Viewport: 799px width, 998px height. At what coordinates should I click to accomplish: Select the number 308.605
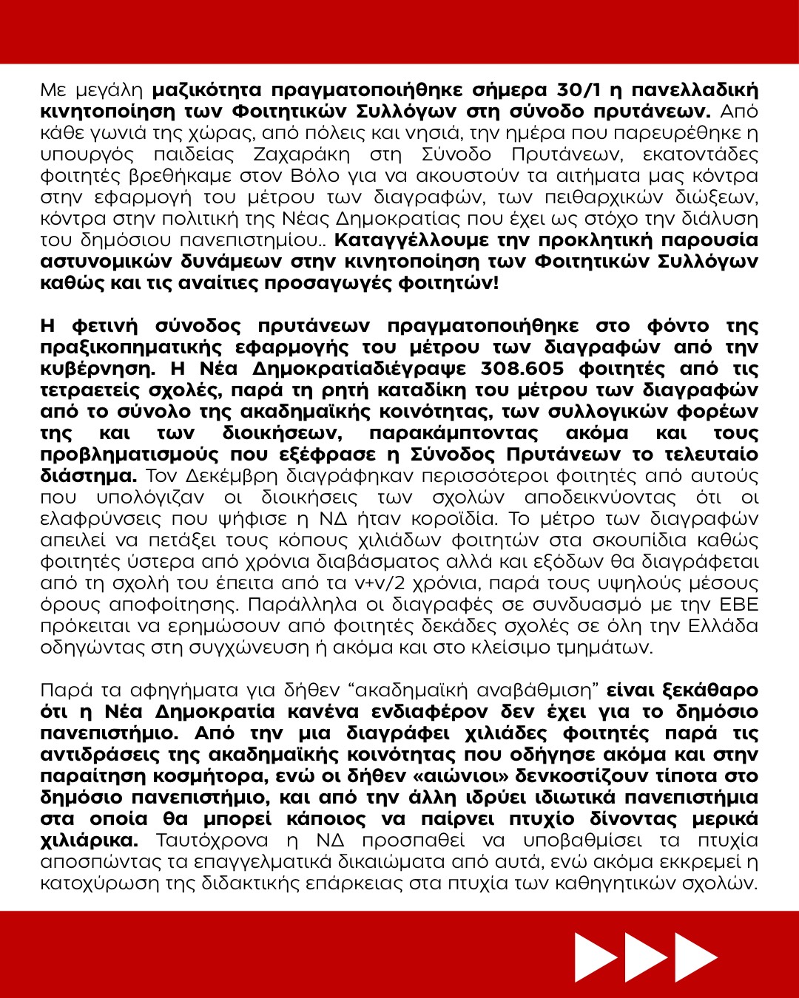522,368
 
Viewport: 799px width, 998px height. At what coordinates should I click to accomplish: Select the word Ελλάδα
723,625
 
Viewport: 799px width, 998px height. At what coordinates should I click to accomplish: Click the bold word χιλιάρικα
89,841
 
